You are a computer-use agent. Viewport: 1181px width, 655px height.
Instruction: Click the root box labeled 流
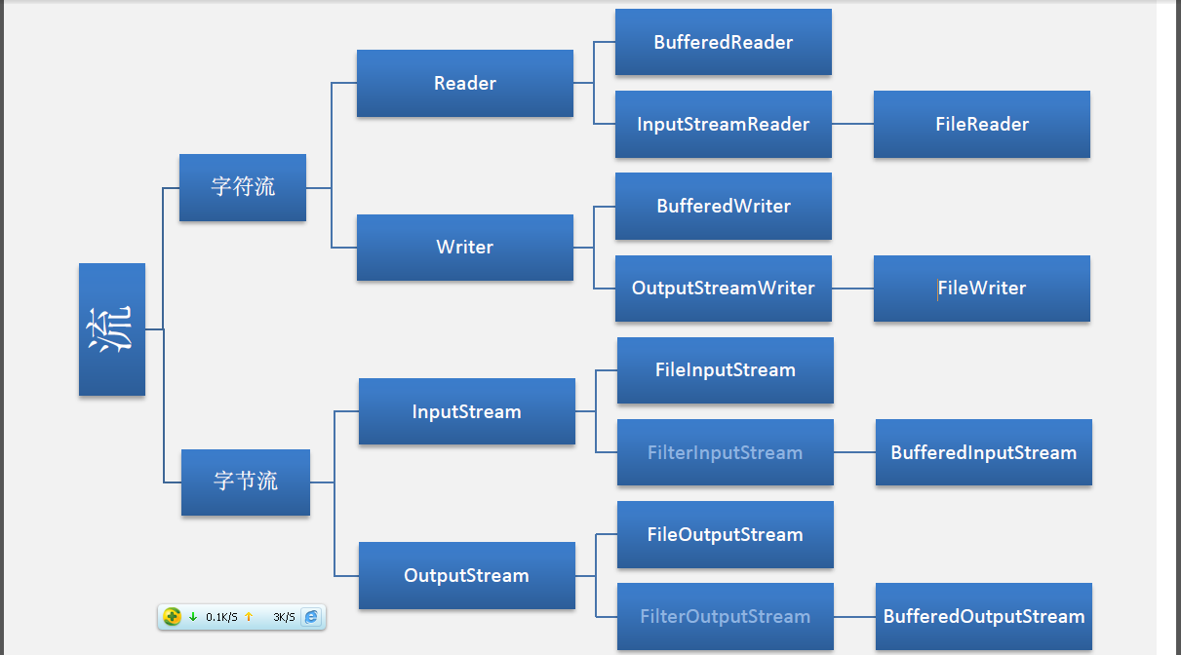point(111,329)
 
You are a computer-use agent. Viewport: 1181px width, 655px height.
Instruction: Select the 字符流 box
point(243,187)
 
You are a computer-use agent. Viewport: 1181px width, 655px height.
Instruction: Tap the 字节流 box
point(246,482)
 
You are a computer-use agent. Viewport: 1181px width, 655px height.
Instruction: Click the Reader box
point(465,84)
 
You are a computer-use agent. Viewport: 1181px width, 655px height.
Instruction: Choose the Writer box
point(465,248)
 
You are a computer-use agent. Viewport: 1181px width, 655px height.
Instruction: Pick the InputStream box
point(467,411)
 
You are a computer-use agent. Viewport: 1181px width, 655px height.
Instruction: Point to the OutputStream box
point(467,576)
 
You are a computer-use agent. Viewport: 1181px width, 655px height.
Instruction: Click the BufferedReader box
point(724,43)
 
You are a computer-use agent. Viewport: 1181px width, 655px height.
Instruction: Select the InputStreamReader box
point(724,125)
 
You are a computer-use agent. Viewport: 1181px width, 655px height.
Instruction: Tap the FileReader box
point(982,125)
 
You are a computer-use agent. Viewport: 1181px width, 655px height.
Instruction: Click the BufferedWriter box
point(724,207)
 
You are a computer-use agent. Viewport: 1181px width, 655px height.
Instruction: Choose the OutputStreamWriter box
point(724,289)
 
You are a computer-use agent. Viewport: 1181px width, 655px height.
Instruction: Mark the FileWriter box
point(982,289)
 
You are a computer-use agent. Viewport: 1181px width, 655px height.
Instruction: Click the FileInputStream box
point(726,370)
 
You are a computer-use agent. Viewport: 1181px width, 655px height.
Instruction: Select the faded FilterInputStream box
point(726,452)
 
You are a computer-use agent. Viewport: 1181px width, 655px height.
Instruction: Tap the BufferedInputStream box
point(984,452)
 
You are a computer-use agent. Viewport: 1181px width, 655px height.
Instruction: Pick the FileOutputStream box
point(726,534)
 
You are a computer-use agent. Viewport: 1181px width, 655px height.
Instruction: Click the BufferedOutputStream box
point(984,616)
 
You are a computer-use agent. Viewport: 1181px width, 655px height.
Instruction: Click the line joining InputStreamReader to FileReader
point(852,125)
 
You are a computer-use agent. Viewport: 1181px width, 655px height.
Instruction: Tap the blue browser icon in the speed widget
point(311,617)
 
